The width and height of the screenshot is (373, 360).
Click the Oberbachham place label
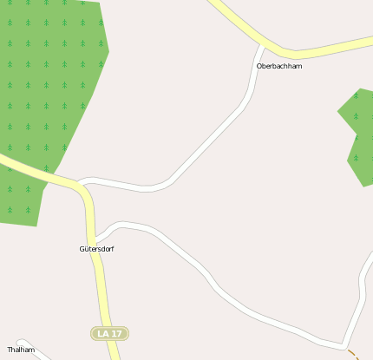279,66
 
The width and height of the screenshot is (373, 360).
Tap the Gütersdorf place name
96,249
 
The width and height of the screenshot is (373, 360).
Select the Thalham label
21,350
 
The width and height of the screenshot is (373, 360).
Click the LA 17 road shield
110,333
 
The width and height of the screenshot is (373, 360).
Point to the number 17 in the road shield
116,333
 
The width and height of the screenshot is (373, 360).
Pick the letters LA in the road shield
104,333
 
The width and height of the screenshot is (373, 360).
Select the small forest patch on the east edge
358,134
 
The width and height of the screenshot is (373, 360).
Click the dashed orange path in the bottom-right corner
354,354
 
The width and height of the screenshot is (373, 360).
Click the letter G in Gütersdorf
82,249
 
